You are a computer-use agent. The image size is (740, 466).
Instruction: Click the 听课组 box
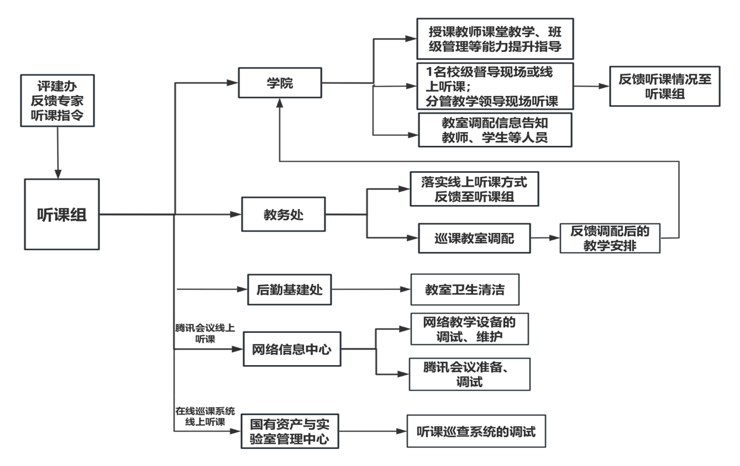[x=62, y=214]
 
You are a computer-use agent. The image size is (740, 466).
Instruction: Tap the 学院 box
[x=280, y=83]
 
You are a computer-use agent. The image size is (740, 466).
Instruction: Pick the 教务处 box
[x=283, y=214]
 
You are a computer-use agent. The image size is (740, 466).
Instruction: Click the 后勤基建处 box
[x=289, y=289]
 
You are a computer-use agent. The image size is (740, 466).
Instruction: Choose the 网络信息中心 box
[x=292, y=349]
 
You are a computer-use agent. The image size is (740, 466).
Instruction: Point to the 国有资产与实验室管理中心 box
[x=290, y=431]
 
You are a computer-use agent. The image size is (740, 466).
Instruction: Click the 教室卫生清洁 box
[x=465, y=289]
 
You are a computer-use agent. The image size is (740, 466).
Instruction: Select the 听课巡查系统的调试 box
[x=476, y=431]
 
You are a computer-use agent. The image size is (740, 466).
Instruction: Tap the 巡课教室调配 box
[x=474, y=239]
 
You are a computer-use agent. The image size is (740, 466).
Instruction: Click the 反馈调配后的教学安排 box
[x=610, y=238]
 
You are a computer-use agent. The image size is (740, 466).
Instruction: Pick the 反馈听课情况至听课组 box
[x=665, y=86]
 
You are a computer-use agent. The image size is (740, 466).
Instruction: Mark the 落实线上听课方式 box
[x=474, y=189]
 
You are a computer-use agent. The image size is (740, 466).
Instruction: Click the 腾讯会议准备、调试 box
[x=469, y=373]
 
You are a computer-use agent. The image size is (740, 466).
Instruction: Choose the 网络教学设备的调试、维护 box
[x=469, y=329]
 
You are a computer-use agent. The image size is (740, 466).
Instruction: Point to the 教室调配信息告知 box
[x=495, y=129]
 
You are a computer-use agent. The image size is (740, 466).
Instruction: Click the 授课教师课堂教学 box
[x=494, y=38]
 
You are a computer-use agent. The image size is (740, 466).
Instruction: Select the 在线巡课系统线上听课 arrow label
[x=205, y=416]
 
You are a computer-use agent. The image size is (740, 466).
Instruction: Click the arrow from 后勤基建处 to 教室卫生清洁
[x=370, y=289]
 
